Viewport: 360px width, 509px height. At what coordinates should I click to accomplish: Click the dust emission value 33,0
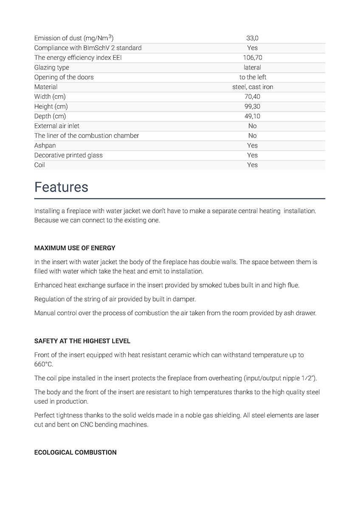[x=252, y=38]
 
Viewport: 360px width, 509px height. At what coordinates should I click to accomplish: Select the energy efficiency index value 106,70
[x=252, y=58]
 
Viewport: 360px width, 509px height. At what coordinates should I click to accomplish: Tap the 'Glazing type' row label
[x=51, y=67]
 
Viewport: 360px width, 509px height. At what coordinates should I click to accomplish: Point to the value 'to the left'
[x=253, y=77]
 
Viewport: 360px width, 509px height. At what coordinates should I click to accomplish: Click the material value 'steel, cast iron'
[x=253, y=87]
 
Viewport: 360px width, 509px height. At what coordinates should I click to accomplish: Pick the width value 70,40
[x=252, y=97]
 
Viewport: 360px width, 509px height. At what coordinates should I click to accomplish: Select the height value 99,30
[x=252, y=106]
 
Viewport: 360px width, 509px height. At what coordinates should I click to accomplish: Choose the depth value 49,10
[x=252, y=116]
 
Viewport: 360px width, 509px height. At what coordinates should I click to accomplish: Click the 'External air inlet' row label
[x=57, y=126]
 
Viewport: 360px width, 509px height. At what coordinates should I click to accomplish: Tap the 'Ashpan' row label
[x=45, y=145]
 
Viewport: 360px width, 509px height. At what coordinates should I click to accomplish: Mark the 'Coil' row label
[x=39, y=165]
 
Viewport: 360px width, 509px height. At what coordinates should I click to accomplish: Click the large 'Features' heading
[x=61, y=187]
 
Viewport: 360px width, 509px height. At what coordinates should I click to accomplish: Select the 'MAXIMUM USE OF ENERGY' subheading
[x=75, y=248]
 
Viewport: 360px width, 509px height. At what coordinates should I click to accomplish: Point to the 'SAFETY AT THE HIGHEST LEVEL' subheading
[x=82, y=341]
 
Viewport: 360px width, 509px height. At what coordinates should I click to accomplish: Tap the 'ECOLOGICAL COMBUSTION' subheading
[x=75, y=453]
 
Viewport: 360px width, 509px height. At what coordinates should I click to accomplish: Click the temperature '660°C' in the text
[x=44, y=364]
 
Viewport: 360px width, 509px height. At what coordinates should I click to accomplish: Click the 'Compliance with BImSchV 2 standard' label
[x=88, y=48]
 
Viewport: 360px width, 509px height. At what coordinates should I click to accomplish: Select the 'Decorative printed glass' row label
[x=68, y=155]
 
